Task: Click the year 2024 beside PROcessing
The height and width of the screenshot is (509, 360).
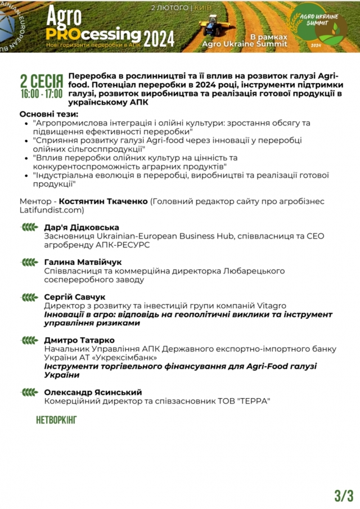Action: click(159, 38)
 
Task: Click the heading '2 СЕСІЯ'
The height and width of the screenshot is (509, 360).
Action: click(41, 79)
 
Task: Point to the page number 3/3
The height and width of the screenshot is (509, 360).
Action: click(344, 495)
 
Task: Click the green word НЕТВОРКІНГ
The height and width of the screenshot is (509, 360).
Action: click(56, 420)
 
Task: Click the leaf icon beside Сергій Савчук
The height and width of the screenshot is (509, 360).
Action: click(29, 296)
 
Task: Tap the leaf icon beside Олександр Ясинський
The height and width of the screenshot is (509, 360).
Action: click(29, 392)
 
